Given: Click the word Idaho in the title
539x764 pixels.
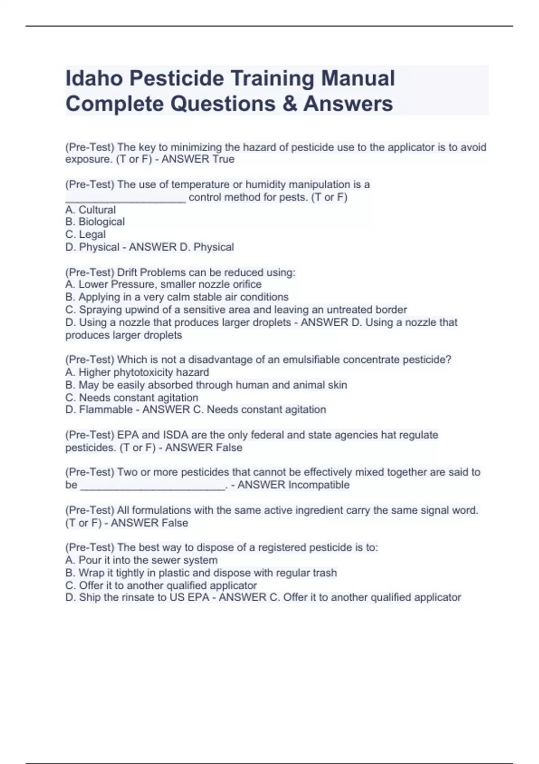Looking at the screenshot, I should point(94,78).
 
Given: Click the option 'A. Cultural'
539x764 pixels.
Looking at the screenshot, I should point(90,210).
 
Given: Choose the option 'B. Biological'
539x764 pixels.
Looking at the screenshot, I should point(95,222).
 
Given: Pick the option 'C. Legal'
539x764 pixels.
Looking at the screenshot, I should point(85,235).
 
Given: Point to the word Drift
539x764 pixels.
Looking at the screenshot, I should point(127,272).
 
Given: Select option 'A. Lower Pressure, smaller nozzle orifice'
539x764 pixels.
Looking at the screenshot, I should point(163,284).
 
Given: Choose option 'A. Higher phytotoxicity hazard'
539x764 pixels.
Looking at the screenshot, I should point(137,372).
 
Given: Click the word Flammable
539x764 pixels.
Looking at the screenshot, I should point(106,410).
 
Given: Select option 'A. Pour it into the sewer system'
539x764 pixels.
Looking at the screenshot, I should point(141,560).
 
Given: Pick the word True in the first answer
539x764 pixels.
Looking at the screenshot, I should point(223,160).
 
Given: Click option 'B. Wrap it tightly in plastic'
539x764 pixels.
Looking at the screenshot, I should point(201,573).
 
